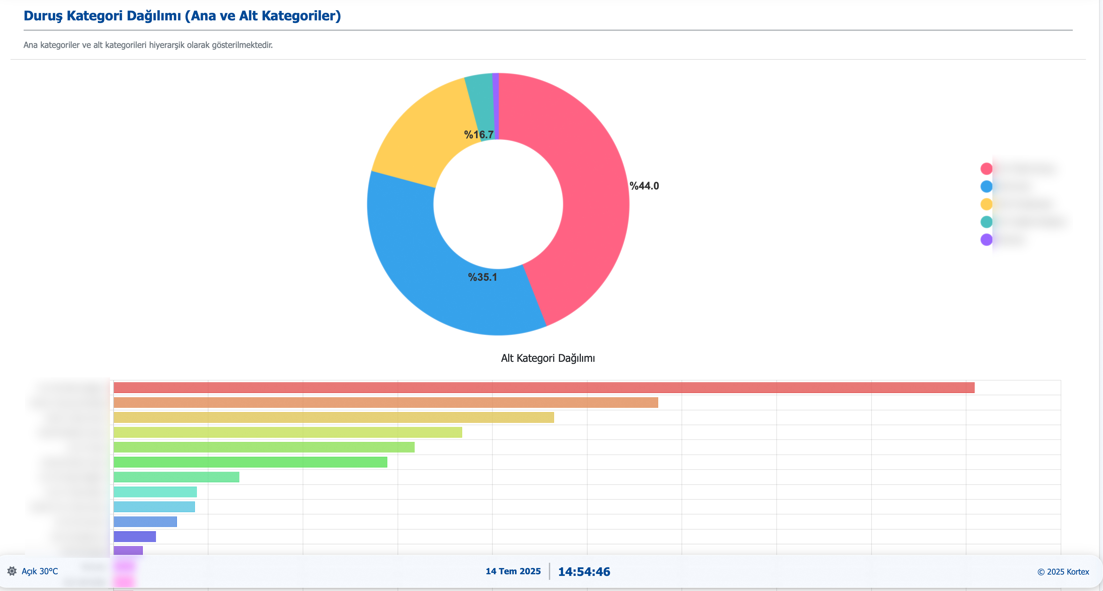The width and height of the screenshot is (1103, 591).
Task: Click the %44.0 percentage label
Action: coord(644,186)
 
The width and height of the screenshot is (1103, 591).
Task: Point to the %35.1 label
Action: coord(483,277)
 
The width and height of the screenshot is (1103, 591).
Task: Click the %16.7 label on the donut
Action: coord(479,135)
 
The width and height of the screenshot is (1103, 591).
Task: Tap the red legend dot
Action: coord(986,168)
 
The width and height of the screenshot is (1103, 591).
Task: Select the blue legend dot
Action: coord(986,186)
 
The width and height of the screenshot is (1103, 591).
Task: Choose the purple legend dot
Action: coord(986,239)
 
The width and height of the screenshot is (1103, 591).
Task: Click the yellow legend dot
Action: coord(986,204)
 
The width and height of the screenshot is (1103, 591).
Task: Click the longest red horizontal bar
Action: coord(544,387)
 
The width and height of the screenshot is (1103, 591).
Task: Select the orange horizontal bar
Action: coord(385,403)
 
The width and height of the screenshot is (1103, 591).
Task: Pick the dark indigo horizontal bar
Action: coord(135,536)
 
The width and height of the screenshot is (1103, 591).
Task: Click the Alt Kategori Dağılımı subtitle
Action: coord(548,358)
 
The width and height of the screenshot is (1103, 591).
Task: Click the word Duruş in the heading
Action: coord(43,16)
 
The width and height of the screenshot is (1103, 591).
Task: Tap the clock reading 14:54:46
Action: coord(584,571)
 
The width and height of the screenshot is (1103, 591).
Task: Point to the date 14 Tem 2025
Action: coord(513,571)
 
